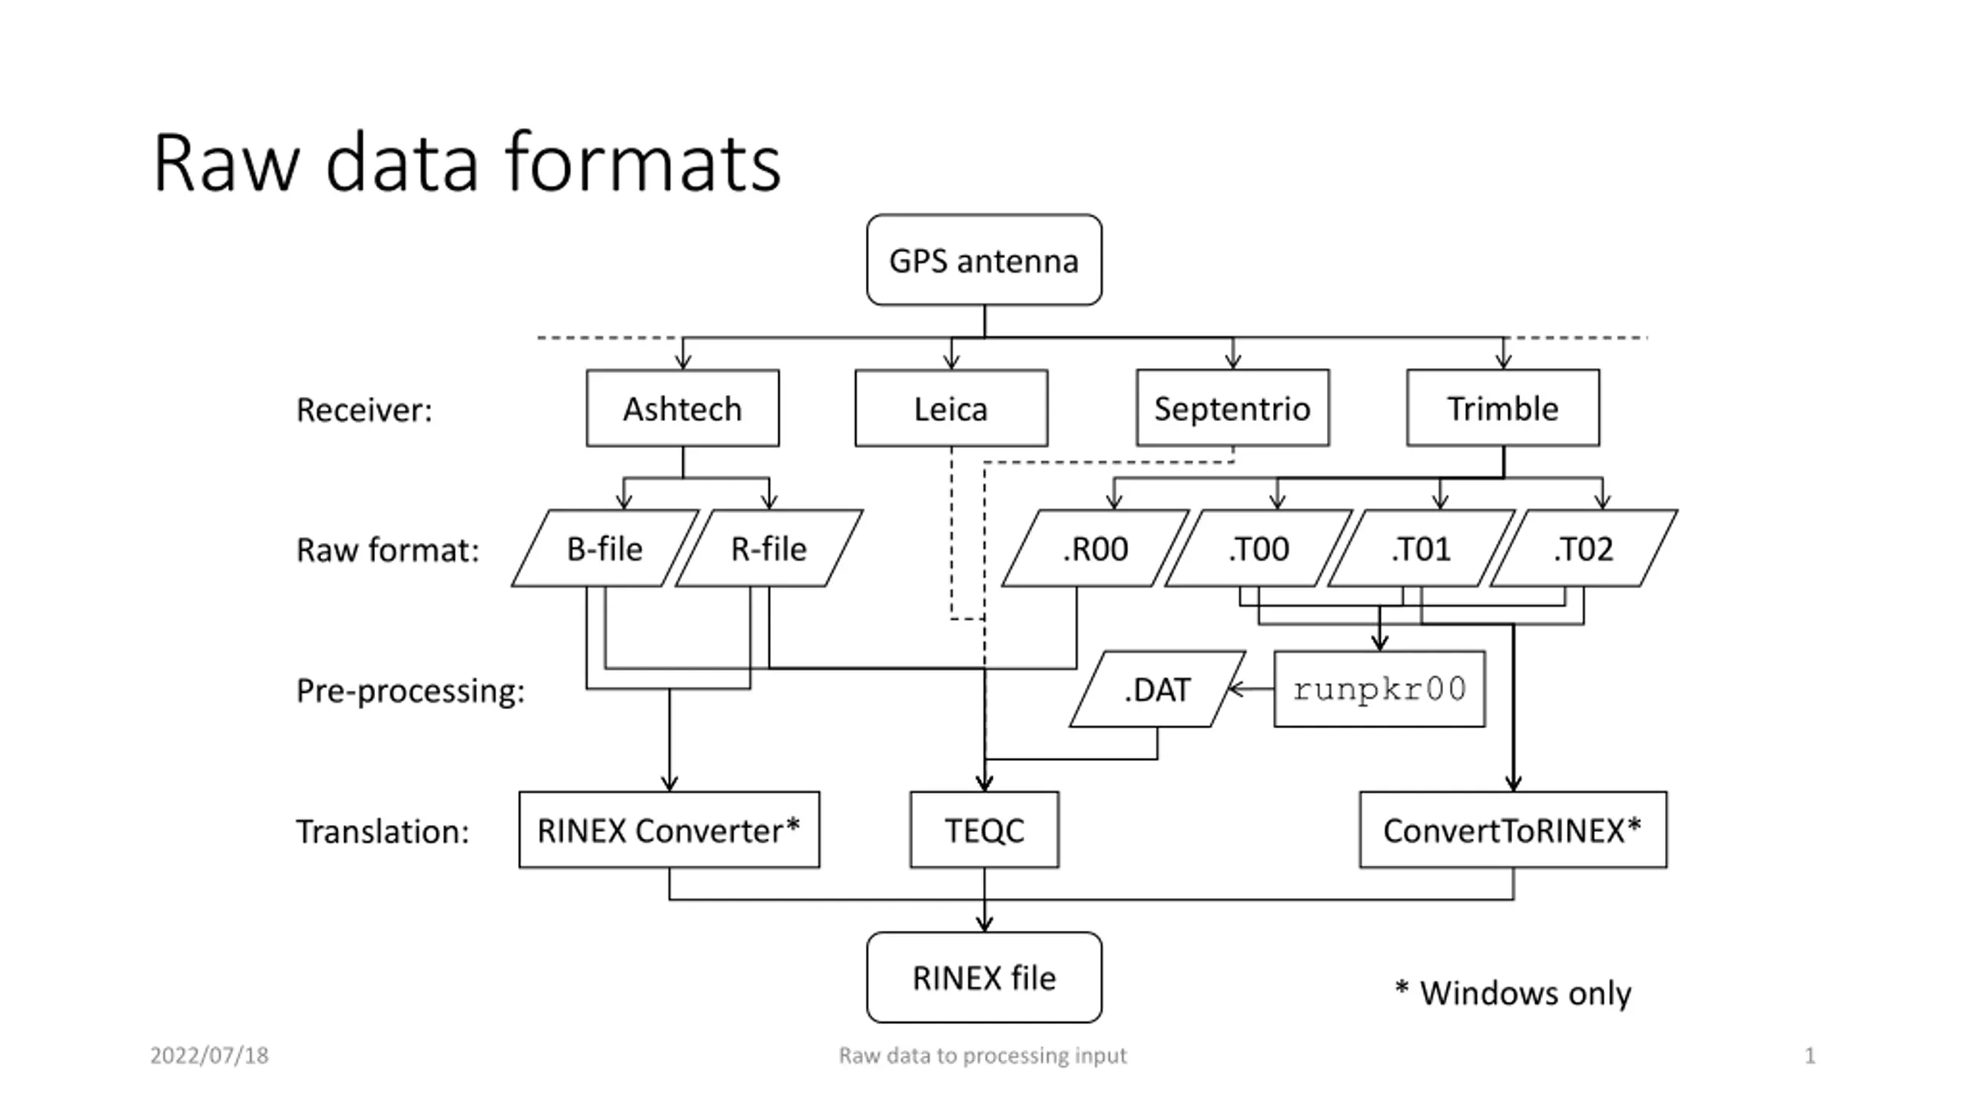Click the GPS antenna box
[983, 260]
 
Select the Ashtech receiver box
[682, 408]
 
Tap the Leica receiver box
[951, 408]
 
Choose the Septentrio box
[1232, 408]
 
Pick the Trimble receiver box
[1503, 408]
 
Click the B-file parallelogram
[605, 548]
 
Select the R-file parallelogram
[768, 548]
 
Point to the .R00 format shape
[1095, 548]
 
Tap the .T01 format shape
[1421, 548]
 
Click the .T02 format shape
[1584, 548]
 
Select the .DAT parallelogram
[1157, 689]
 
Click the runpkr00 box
[1379, 689]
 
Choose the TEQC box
[984, 829]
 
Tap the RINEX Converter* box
[668, 829]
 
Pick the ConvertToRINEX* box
[1513, 829]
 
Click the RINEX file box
[983, 977]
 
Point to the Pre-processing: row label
[410, 690]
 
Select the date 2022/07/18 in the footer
[209, 1055]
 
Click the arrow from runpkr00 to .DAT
[1251, 689]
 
